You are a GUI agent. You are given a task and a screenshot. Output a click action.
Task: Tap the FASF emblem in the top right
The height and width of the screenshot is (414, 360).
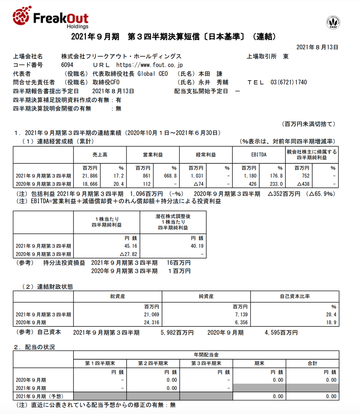click(333, 22)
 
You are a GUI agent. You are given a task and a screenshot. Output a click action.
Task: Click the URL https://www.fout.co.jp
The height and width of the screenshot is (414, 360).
click(149, 65)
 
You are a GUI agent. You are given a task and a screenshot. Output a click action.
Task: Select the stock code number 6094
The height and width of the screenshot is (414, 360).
click(67, 65)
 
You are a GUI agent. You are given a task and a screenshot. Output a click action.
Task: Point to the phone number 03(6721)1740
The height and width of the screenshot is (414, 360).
click(289, 82)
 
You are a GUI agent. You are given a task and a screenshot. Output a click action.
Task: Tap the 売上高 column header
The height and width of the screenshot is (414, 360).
click(100, 155)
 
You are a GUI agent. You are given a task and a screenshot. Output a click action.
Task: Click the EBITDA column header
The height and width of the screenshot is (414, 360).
click(258, 155)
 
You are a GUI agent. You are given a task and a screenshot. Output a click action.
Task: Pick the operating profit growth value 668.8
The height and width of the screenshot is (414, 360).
click(170, 176)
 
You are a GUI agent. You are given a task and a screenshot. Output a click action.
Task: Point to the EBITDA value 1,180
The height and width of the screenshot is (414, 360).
click(249, 176)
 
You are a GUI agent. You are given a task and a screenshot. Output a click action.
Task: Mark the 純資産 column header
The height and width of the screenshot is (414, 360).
click(206, 297)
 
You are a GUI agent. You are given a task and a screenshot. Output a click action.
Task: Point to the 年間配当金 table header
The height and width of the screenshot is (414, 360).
click(206, 355)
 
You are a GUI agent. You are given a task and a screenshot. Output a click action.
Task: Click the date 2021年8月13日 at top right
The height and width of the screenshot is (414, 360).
click(317, 47)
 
